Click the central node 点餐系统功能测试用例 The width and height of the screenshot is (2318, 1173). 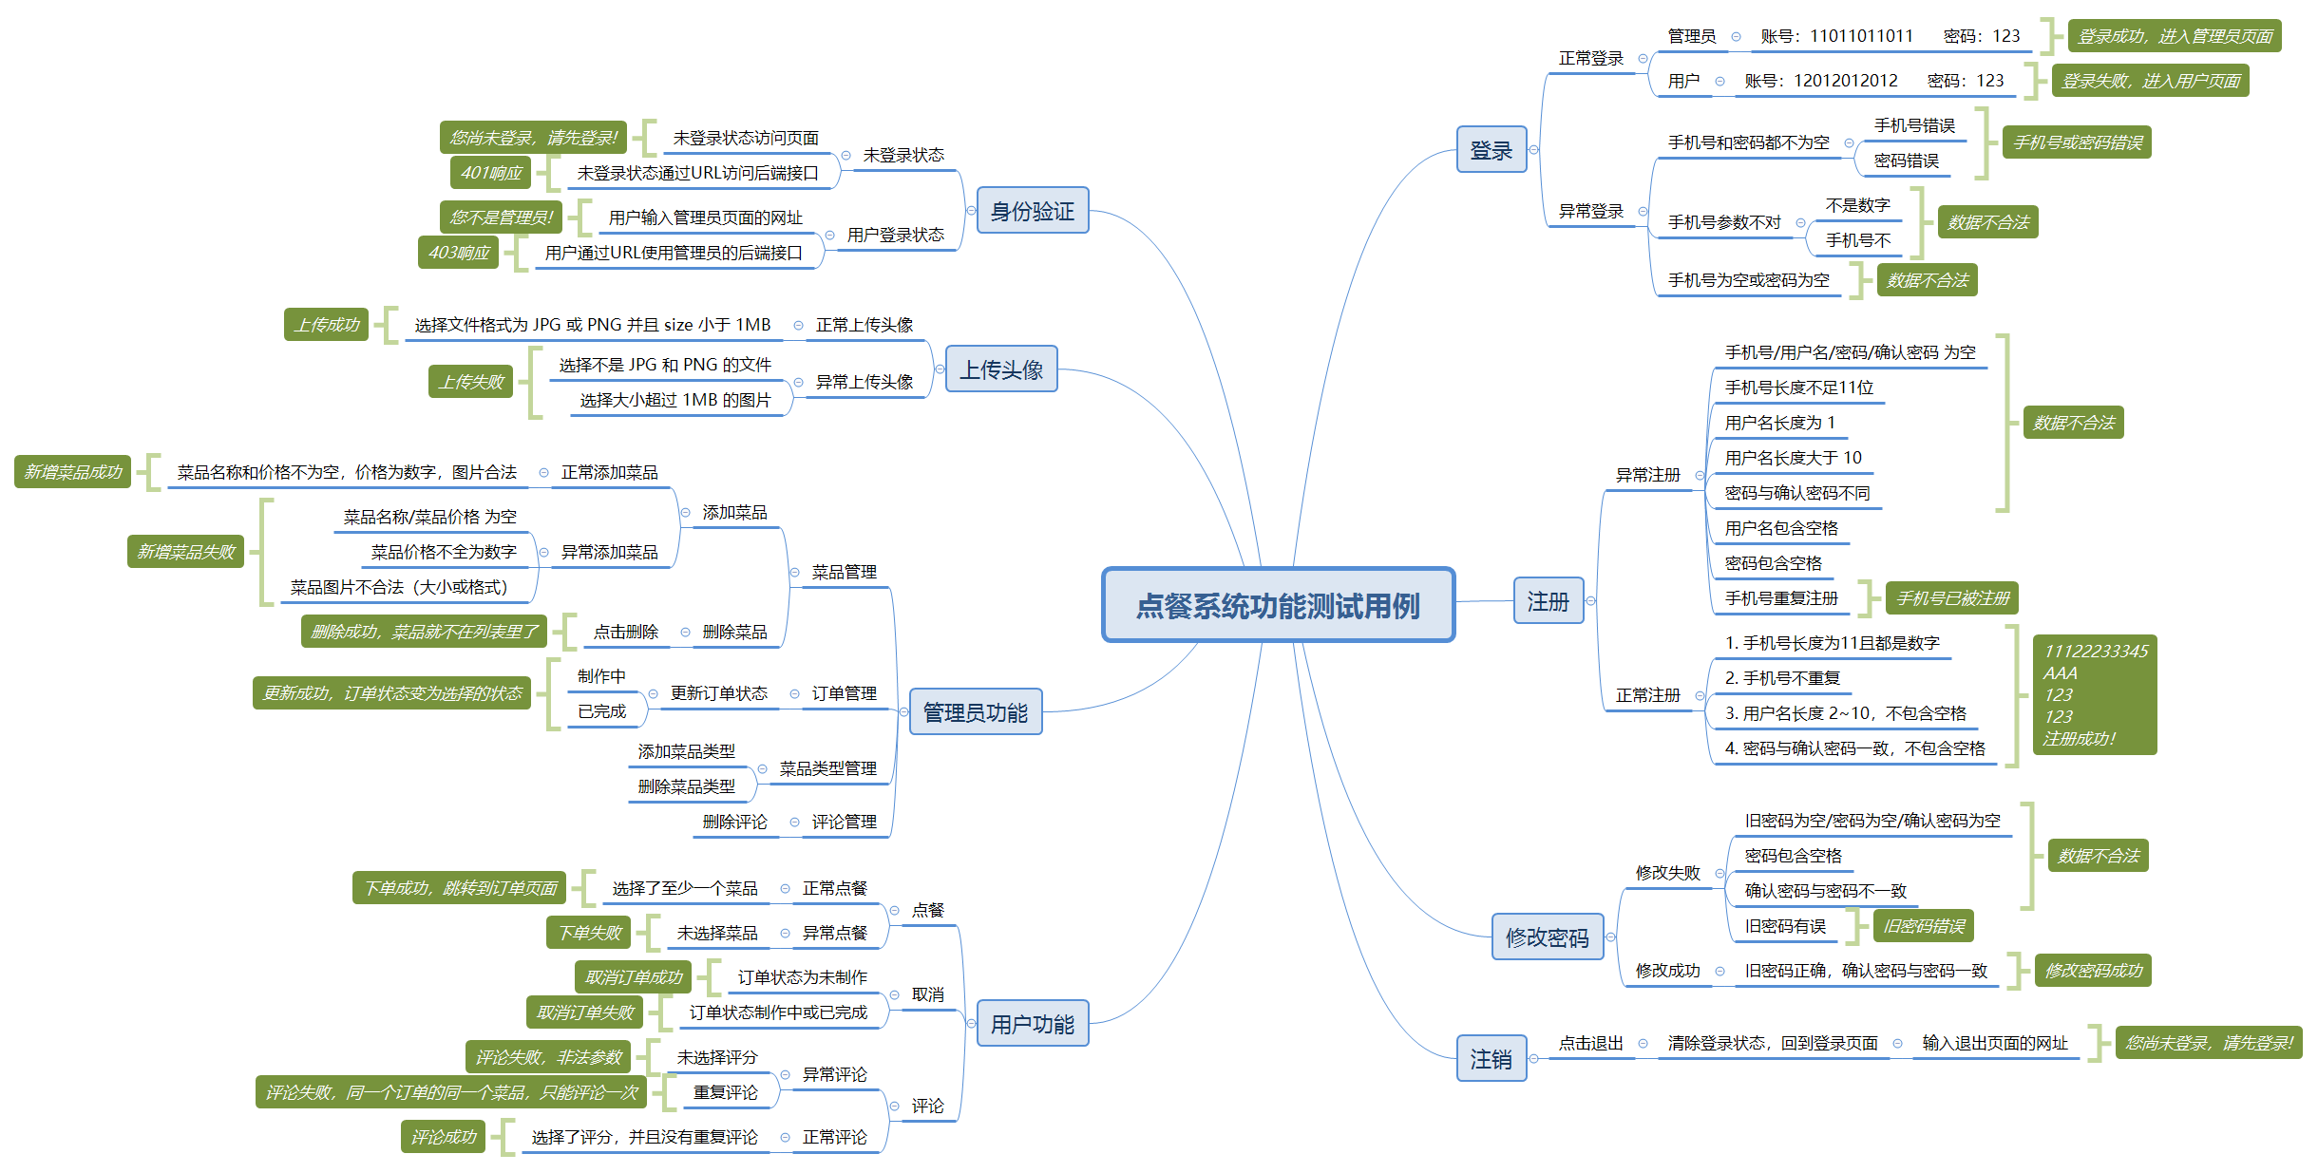tap(1278, 606)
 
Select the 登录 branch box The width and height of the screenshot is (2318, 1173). tap(1491, 150)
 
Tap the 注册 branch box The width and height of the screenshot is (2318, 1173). tap(1548, 601)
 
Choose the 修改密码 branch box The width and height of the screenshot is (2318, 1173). tap(1547, 937)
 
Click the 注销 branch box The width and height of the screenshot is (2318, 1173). tap(1491, 1059)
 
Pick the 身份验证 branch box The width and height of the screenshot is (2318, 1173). tap(1032, 211)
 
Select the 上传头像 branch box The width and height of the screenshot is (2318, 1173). tap(1000, 369)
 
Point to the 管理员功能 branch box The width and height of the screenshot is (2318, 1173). tap(975, 712)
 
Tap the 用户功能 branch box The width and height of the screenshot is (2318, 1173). tap(1032, 1024)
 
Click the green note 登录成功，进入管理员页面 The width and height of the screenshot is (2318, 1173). tap(2175, 36)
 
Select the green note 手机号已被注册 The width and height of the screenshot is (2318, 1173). tap(1952, 598)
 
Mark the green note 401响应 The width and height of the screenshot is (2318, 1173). tap(491, 173)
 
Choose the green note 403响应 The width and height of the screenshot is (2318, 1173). tap(459, 253)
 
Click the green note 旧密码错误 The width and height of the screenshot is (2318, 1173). tap(1924, 926)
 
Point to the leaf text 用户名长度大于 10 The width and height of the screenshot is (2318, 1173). tap(1793, 458)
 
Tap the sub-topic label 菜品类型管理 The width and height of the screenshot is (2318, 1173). tap(827, 768)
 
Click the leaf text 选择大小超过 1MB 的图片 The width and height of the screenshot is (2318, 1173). tap(674, 400)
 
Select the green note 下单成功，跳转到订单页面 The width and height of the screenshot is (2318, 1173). tap(460, 888)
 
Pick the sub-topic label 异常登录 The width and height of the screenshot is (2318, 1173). tap(1590, 211)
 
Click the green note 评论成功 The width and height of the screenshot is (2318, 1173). tap(443, 1137)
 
